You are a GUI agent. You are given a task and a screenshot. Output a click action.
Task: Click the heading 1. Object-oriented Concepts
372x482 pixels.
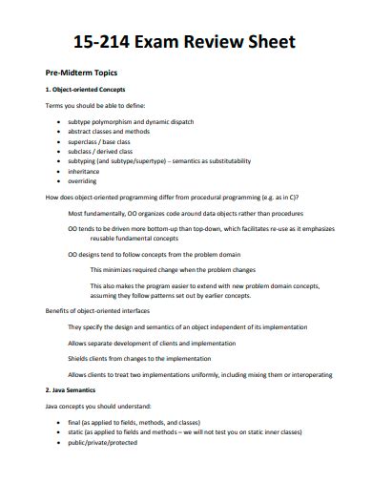coord(85,90)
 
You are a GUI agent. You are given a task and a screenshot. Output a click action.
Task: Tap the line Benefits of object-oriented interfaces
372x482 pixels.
coord(99,312)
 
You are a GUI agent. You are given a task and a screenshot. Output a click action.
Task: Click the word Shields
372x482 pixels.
coord(79,358)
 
